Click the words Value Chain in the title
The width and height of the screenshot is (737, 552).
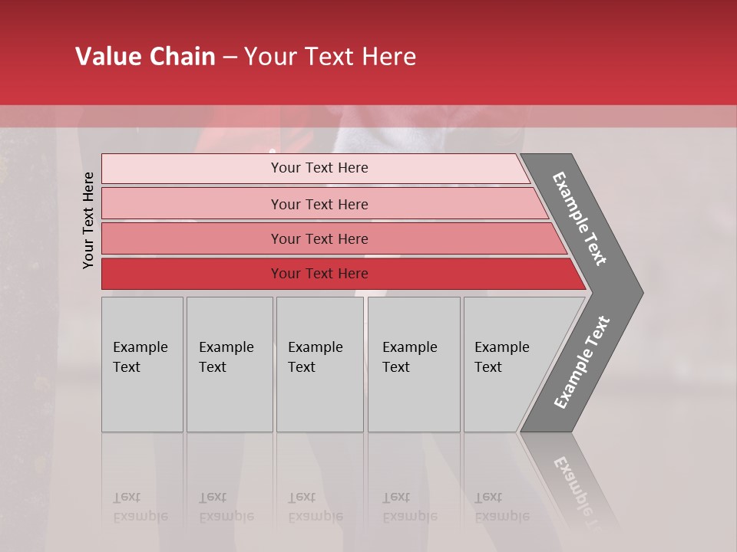tap(145, 57)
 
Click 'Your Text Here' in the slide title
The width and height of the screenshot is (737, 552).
tap(330, 57)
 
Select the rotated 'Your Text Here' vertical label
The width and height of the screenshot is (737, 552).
tap(88, 220)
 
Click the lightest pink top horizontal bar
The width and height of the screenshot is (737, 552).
tap(192, 169)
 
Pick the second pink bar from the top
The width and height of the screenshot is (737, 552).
tap(192, 204)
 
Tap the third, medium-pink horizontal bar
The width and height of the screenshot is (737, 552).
tap(192, 238)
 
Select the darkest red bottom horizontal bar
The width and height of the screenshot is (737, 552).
tap(192, 274)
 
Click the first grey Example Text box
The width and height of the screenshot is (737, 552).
tap(142, 364)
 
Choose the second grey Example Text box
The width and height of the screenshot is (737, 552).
tap(230, 364)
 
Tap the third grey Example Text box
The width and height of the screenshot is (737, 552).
tap(319, 364)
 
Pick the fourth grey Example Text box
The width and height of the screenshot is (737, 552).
tap(414, 364)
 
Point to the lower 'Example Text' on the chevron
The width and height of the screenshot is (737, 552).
tap(582, 362)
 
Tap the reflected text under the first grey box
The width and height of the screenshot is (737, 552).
tap(140, 507)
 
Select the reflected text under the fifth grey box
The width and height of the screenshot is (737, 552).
tap(501, 507)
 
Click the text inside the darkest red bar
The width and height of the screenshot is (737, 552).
tap(319, 274)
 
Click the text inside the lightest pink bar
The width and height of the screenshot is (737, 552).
tap(319, 168)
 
